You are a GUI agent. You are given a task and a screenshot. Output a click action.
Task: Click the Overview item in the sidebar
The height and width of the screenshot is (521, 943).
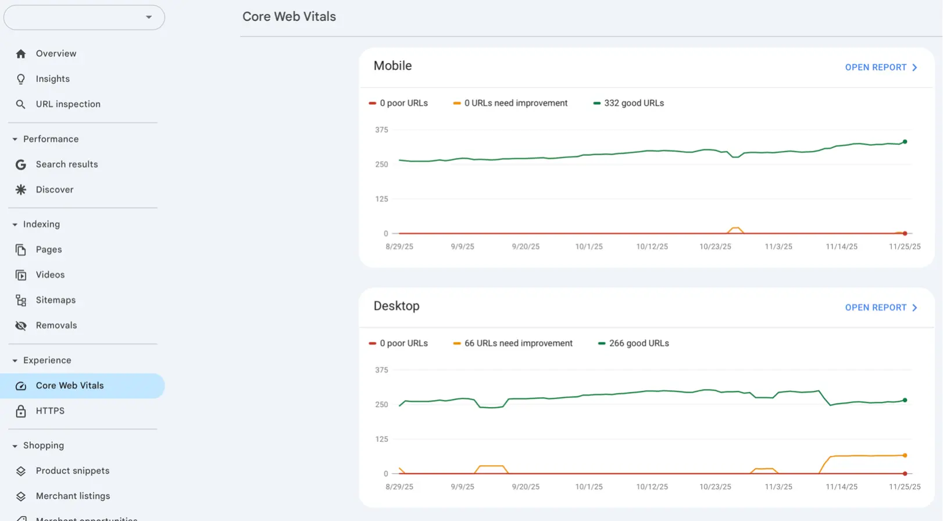click(56, 53)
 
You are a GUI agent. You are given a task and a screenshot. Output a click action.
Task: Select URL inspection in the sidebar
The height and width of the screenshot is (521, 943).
click(68, 104)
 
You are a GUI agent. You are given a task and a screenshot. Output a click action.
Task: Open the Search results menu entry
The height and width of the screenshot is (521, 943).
click(67, 165)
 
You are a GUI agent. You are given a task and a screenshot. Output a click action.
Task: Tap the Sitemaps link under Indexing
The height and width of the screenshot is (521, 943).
click(56, 300)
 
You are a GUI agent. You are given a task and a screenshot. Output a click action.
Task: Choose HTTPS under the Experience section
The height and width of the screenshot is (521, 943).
click(50, 411)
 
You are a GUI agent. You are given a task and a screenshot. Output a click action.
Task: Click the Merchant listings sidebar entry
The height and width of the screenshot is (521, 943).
click(73, 496)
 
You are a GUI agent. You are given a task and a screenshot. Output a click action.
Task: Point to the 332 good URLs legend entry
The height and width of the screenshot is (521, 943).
click(633, 104)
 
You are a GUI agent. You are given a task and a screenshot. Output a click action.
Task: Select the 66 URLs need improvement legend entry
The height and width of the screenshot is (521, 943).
click(517, 344)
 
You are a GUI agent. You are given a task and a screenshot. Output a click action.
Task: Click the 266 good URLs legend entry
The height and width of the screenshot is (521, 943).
click(638, 344)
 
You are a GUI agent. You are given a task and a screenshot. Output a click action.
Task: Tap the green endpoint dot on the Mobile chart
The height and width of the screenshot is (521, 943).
click(905, 142)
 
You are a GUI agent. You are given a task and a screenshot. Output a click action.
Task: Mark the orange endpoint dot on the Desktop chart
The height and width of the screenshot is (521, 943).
click(905, 455)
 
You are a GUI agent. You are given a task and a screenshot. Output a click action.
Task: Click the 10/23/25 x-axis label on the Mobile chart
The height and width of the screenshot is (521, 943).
click(715, 247)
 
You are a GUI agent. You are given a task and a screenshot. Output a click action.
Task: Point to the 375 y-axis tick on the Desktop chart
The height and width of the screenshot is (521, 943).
click(381, 370)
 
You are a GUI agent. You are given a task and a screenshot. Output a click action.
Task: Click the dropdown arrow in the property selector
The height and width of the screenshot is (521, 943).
click(149, 17)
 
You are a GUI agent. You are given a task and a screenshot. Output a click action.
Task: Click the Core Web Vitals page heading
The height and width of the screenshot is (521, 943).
click(289, 17)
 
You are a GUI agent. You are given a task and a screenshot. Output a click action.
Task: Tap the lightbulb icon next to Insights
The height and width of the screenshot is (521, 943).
click(21, 79)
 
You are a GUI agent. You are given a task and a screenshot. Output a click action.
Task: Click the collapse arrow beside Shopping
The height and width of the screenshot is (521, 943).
click(15, 446)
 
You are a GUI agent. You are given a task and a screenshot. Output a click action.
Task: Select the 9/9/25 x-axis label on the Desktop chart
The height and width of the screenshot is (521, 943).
click(462, 487)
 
